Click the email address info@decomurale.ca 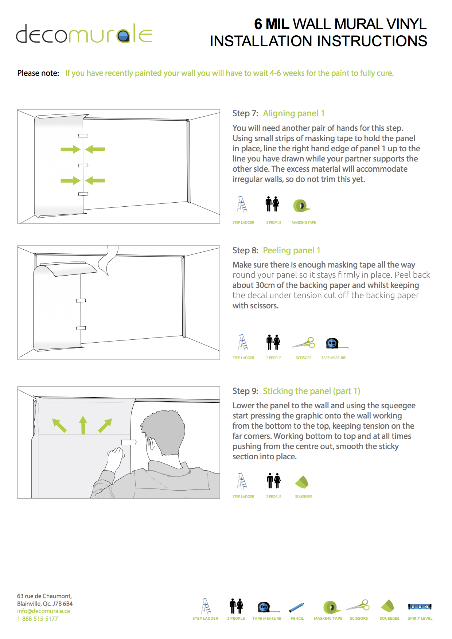coord(43,611)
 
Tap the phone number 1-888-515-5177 coord(38,619)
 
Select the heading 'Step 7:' coord(245,113)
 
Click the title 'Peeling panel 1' coord(292,250)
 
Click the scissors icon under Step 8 coord(304,343)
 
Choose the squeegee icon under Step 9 coord(302,482)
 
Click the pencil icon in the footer coord(297,607)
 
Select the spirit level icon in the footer coord(420,607)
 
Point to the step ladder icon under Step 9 coord(242,481)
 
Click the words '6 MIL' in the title coord(272,24)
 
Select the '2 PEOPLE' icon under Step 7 coord(273,204)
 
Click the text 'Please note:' coord(38,73)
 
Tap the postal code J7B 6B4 coord(63,604)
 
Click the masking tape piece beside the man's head coord(128,442)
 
